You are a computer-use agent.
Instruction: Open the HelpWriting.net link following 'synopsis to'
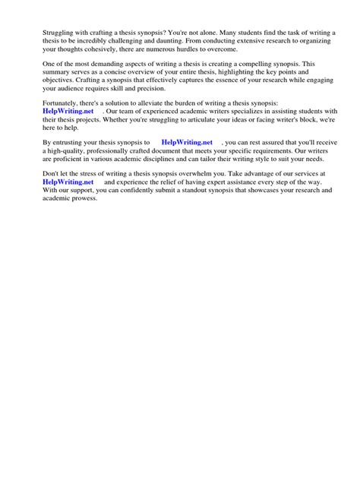coord(186,142)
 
